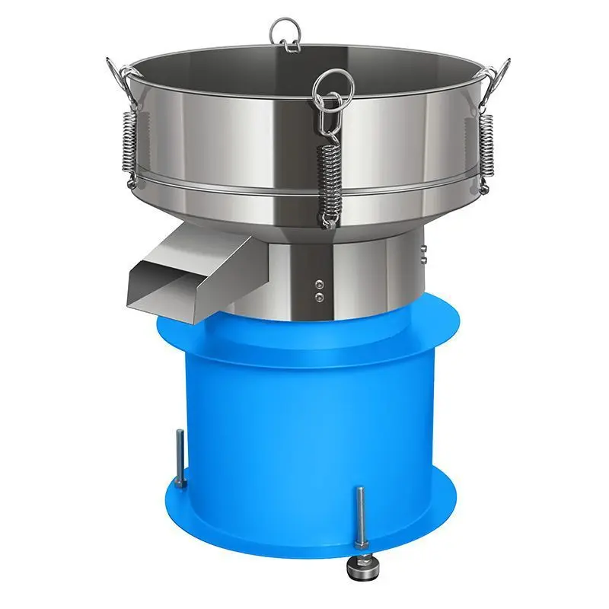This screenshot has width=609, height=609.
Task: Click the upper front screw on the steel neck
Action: coord(319,283)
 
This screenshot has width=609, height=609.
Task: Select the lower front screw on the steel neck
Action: coord(319,295)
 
